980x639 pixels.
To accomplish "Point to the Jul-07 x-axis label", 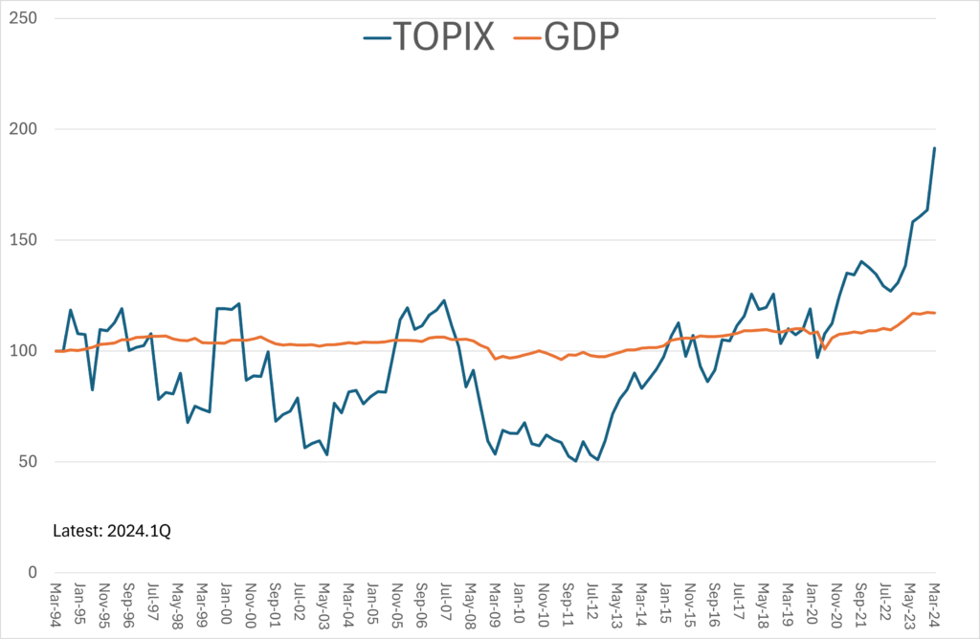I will coord(446,605).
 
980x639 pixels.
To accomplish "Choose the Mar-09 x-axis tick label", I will coord(495,605).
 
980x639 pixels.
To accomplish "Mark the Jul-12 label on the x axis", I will coord(592,605).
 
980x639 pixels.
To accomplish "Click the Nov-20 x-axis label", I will coord(835,605).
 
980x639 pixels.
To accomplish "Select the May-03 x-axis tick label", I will coord(324,605).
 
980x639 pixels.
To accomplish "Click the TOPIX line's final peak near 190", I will coord(934,148).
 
